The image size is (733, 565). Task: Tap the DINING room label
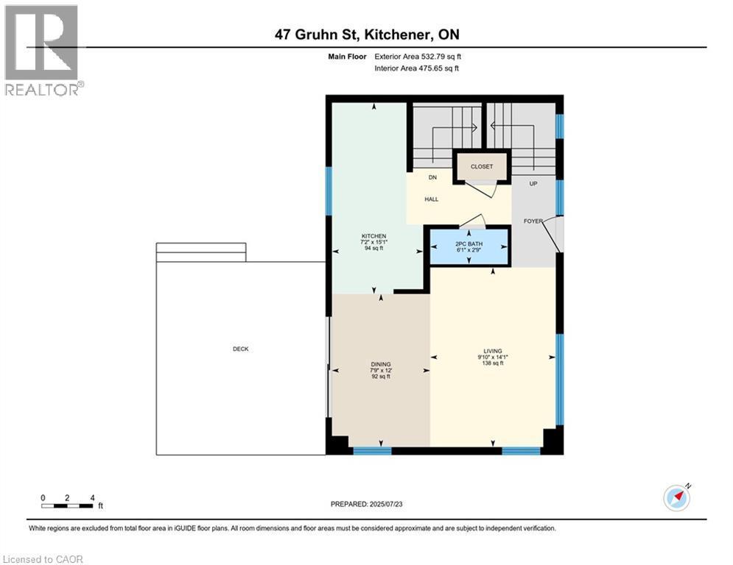(x=380, y=363)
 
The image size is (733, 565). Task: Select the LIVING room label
(x=493, y=351)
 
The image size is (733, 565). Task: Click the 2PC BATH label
(x=469, y=243)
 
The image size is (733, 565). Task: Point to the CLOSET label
(x=482, y=167)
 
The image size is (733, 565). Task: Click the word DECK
(x=240, y=349)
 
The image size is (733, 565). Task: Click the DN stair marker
(x=433, y=177)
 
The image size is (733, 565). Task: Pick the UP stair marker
(x=534, y=184)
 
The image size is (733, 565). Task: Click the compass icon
(x=676, y=497)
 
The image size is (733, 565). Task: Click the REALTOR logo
(x=42, y=50)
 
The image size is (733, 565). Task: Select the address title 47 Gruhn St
(x=366, y=35)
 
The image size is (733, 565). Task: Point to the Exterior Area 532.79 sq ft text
(x=418, y=56)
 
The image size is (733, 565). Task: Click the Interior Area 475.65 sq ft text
(x=417, y=68)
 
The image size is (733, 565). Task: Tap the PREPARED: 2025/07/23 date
(x=367, y=504)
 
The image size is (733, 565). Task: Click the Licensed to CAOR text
(x=43, y=559)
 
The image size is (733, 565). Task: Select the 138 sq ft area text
(x=492, y=363)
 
